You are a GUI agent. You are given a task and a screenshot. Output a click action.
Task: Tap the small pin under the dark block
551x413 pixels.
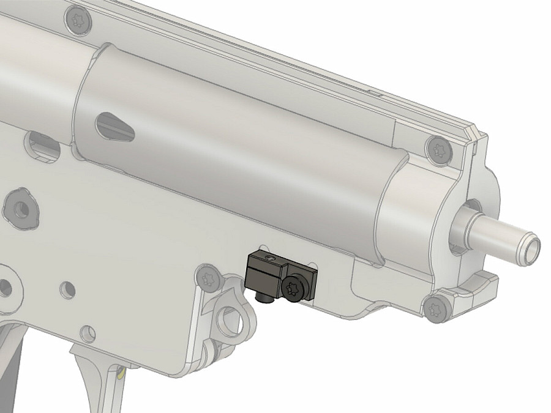[x=264, y=299]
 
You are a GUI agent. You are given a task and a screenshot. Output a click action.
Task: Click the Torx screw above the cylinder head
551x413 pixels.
[x=438, y=149]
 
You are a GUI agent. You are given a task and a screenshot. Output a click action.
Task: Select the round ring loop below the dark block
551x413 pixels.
[x=231, y=319]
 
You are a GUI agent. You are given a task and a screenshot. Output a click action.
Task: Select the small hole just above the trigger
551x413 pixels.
[x=89, y=333]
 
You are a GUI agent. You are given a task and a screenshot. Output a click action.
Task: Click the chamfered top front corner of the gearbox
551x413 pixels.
[x=476, y=132]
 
